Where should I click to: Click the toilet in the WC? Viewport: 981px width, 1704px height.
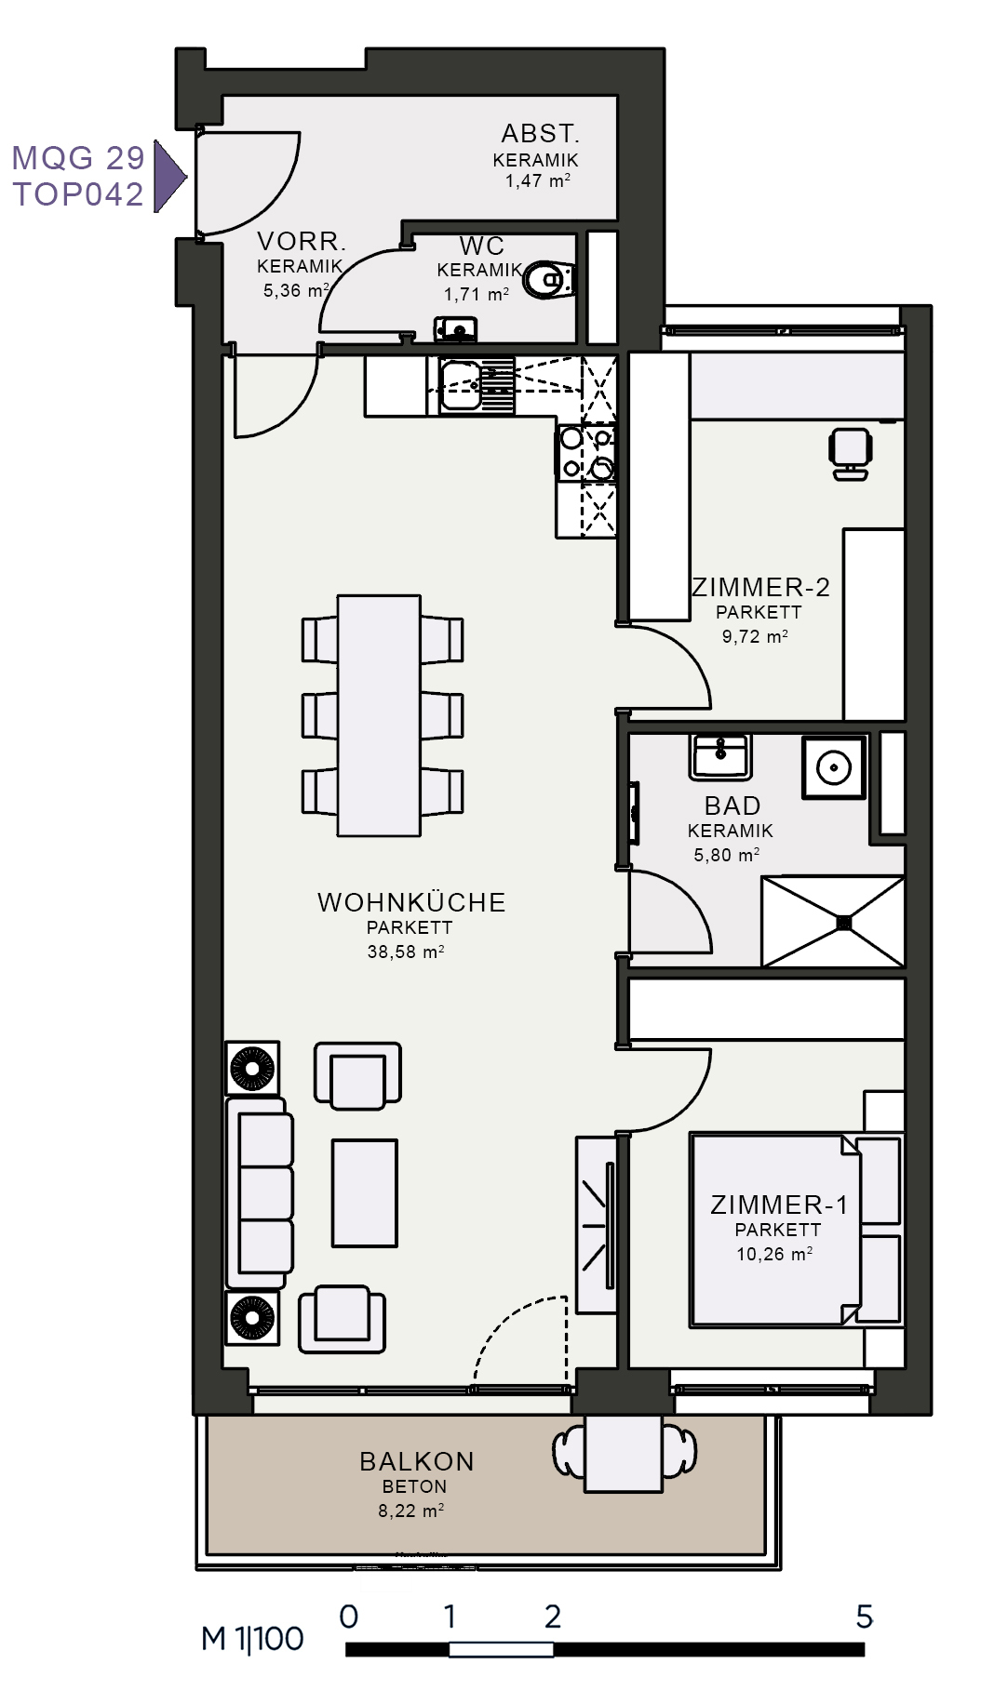pyautogui.click(x=550, y=279)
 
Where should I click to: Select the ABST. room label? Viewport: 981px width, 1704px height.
pyautogui.click(x=540, y=134)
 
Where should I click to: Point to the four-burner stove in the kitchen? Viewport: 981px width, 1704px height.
pyautogui.click(x=586, y=453)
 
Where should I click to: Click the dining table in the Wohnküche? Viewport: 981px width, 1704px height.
pyautogui.click(x=379, y=715)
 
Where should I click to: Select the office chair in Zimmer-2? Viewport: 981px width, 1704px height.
pyautogui.click(x=850, y=453)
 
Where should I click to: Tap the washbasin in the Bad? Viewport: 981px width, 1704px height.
pyautogui.click(x=720, y=756)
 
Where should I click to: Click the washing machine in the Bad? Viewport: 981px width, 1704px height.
pyautogui.click(x=834, y=767)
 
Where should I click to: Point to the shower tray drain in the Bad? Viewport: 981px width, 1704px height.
pyautogui.click(x=844, y=923)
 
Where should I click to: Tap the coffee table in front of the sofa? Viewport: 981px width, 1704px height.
pyautogui.click(x=365, y=1193)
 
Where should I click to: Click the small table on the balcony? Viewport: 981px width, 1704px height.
pyautogui.click(x=624, y=1454)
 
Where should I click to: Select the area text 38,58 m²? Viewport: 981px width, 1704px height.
pyautogui.click(x=406, y=952)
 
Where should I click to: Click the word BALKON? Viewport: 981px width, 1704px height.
pyautogui.click(x=417, y=1461)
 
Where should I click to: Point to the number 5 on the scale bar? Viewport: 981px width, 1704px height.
pyautogui.click(x=865, y=1617)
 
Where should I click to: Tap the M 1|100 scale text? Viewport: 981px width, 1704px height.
pyautogui.click(x=252, y=1639)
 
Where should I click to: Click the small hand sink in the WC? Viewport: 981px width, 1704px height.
pyautogui.click(x=456, y=328)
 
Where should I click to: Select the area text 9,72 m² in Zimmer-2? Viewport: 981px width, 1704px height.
pyautogui.click(x=755, y=637)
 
